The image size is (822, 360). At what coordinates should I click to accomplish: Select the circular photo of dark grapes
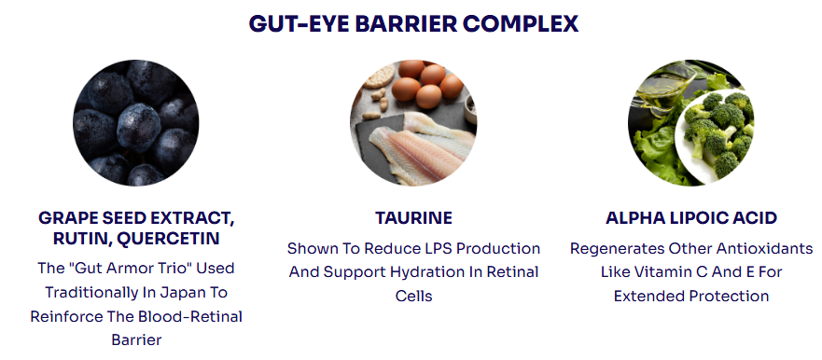click(x=136, y=122)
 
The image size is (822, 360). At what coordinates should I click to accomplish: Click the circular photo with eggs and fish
click(x=413, y=122)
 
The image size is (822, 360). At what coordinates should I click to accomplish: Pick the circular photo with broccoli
click(x=691, y=122)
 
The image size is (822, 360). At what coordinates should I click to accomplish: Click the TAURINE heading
click(x=413, y=218)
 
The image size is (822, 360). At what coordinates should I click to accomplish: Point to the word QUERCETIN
click(x=168, y=239)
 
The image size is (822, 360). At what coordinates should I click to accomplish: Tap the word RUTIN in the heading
click(x=81, y=239)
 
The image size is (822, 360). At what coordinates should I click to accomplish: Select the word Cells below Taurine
click(x=413, y=296)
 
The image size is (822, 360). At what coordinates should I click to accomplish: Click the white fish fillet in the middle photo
click(x=414, y=152)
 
